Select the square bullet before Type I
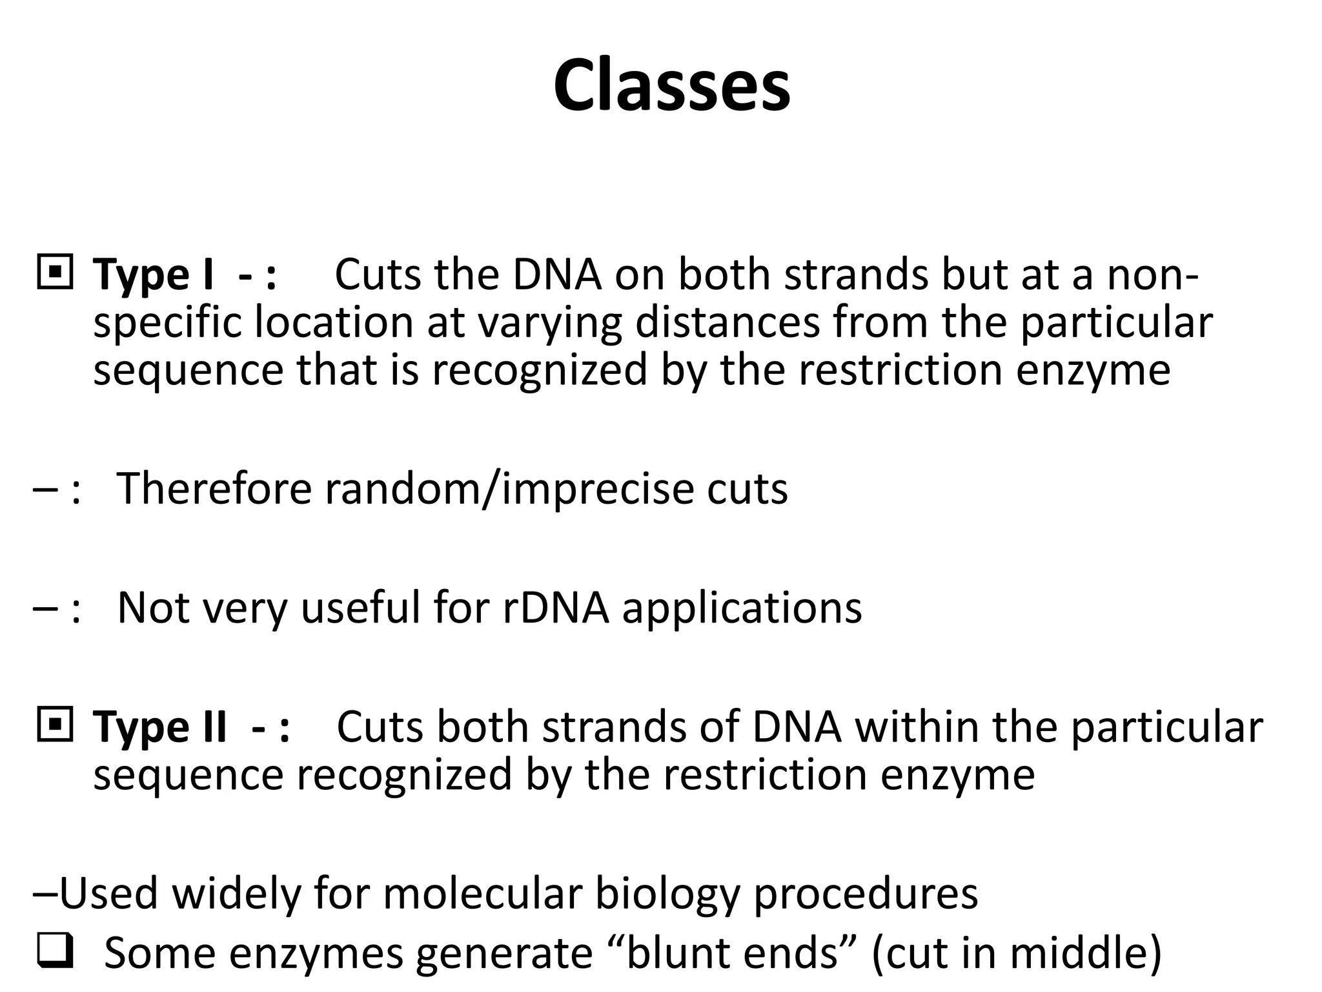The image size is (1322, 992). (55, 273)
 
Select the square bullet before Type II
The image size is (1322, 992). (55, 725)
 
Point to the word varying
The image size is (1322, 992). (549, 324)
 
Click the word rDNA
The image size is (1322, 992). (556, 608)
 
